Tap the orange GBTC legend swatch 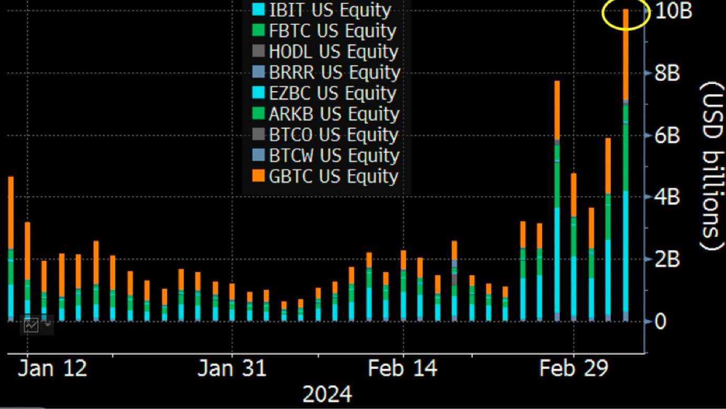258,177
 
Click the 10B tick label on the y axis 674,11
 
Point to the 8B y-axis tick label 668,73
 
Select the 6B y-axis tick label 668,135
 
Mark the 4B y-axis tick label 668,197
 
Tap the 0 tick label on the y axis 660,321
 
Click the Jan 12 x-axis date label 52,369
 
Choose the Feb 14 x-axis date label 403,369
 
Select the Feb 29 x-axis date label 573,369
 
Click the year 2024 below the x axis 327,394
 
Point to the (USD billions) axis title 711,166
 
